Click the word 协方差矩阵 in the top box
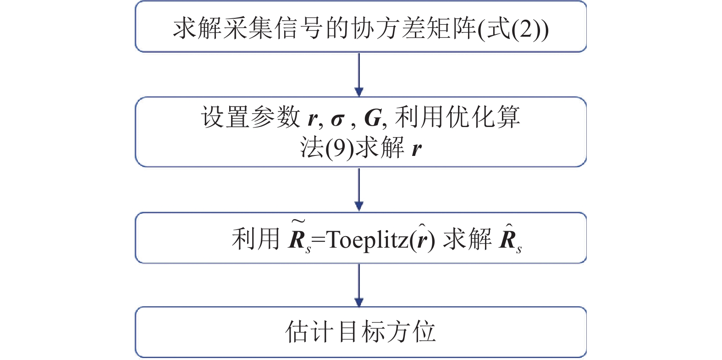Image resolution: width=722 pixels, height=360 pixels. point(414,28)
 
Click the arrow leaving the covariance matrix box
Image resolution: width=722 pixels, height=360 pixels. point(359,74)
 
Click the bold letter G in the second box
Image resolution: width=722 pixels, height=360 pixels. point(373,118)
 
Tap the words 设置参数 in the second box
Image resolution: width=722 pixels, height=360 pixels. point(250,117)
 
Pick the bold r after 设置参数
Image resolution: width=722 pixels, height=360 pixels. point(313,119)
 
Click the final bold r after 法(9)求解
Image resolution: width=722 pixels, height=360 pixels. point(416,149)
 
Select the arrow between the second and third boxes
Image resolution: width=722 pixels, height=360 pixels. point(359,189)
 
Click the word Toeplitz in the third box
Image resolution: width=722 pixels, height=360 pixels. point(368,241)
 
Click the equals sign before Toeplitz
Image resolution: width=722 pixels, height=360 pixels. point(318,241)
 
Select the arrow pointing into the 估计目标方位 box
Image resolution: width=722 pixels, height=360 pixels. point(359,285)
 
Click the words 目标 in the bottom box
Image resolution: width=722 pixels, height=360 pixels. point(362,332)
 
